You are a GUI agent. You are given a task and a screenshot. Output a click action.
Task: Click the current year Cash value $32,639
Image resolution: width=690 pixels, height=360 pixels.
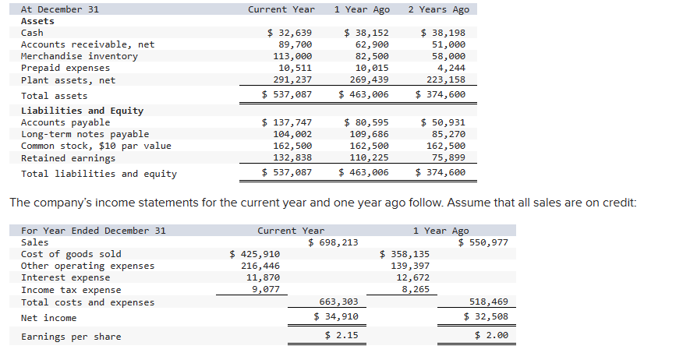click(x=289, y=33)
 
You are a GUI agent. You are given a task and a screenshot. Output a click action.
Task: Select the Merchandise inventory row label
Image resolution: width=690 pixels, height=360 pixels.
click(x=79, y=56)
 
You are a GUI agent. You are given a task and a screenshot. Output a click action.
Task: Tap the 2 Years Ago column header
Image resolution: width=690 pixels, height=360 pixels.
click(x=438, y=9)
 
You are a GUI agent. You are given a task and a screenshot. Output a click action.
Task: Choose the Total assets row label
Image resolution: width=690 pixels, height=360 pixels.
click(x=54, y=96)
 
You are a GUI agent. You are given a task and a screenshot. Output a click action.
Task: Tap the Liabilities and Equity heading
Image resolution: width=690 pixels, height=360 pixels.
click(x=82, y=111)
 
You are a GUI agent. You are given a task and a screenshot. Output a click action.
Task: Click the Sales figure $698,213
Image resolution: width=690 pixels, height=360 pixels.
click(x=334, y=242)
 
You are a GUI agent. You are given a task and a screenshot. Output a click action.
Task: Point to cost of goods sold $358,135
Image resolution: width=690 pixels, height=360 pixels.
click(x=404, y=254)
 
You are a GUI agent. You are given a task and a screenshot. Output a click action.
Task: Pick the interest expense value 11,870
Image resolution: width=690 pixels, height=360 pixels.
click(x=264, y=277)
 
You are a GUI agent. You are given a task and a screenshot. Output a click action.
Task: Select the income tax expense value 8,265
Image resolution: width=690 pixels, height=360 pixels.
click(x=414, y=289)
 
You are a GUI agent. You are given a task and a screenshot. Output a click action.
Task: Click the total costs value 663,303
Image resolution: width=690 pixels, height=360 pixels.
click(x=339, y=302)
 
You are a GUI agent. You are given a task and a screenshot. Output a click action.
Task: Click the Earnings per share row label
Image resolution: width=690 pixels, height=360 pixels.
click(x=71, y=337)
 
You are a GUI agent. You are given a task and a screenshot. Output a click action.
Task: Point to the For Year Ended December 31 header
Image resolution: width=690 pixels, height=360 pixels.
click(x=93, y=231)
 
